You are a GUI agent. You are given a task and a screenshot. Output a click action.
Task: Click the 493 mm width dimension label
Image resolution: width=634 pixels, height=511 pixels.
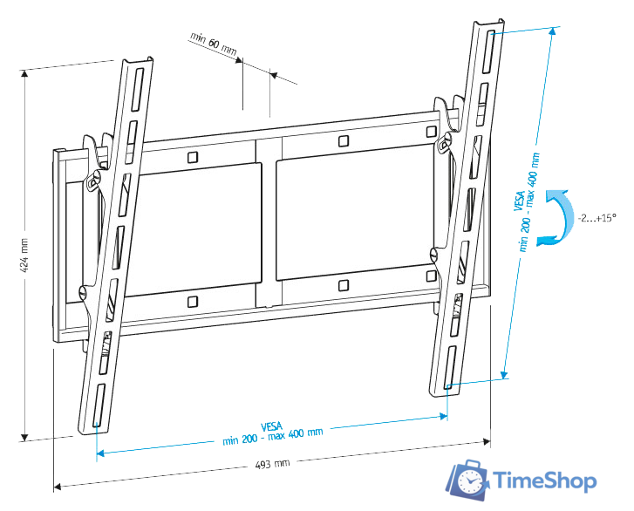(272, 463)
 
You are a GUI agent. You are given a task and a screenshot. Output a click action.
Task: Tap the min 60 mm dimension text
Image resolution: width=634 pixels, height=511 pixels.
(213, 44)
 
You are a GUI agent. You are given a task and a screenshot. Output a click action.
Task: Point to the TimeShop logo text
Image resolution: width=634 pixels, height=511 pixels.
(544, 481)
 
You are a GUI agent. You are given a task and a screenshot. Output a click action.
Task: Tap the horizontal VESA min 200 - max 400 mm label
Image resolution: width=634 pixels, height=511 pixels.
(272, 431)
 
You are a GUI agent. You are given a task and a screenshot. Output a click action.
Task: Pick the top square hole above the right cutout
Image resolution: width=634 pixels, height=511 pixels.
(342, 140)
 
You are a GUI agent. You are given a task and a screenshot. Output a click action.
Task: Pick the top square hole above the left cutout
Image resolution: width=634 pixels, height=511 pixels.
(191, 158)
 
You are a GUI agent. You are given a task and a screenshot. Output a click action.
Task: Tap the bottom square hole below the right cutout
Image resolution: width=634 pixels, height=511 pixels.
(344, 284)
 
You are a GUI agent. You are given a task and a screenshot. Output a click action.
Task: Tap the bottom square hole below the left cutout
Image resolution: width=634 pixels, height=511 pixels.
(192, 302)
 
